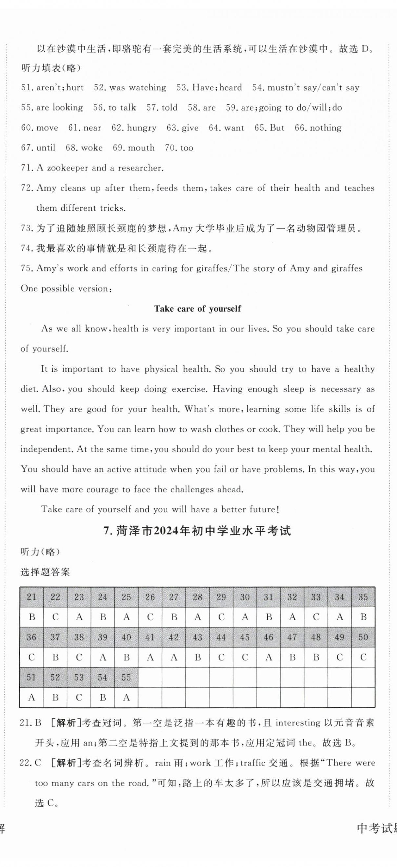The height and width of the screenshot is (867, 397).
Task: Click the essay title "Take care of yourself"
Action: [x=197, y=309]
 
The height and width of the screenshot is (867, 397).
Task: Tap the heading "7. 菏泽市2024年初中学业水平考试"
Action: [x=197, y=531]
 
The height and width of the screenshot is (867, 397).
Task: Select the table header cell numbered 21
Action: [x=31, y=597]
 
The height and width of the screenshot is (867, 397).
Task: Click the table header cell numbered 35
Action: [x=363, y=597]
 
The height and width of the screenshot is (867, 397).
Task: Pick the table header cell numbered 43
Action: [x=197, y=637]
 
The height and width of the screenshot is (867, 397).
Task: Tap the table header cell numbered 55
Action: [x=126, y=677]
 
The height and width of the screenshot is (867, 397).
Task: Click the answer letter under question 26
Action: [x=150, y=617]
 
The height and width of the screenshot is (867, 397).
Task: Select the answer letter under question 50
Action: [x=363, y=657]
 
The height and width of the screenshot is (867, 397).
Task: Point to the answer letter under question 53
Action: [x=79, y=698]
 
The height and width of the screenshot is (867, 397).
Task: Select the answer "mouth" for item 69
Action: [x=141, y=148]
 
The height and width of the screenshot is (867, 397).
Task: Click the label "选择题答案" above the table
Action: [x=45, y=572]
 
